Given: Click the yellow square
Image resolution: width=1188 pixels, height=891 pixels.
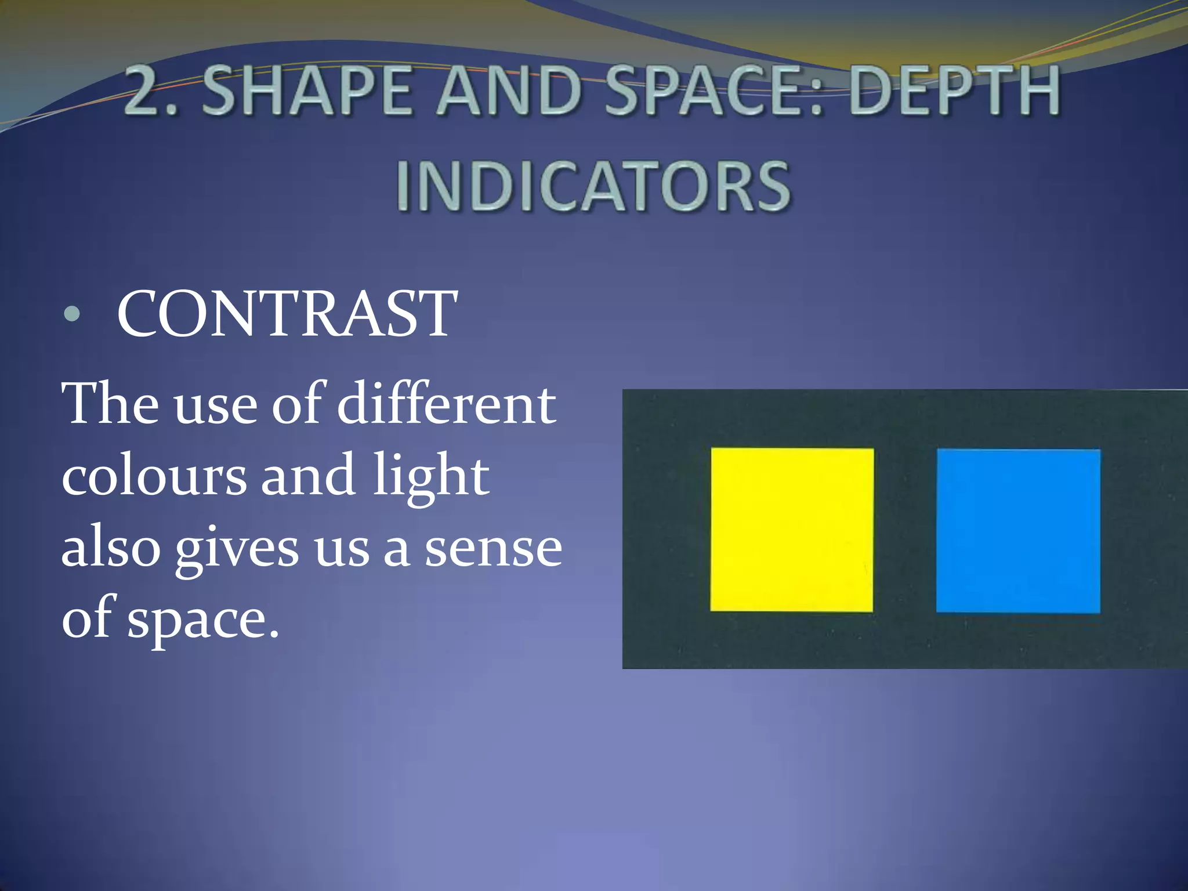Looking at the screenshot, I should [792, 529].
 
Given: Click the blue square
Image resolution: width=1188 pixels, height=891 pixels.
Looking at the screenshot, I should [1018, 530].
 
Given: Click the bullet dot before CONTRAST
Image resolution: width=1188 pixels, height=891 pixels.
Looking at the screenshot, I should [72, 314].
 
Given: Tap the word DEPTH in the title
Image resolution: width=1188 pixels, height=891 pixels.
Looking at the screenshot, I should [955, 92].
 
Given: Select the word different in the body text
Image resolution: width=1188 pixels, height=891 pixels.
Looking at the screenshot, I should [446, 404].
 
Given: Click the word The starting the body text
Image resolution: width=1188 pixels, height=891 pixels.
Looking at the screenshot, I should [110, 404].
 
